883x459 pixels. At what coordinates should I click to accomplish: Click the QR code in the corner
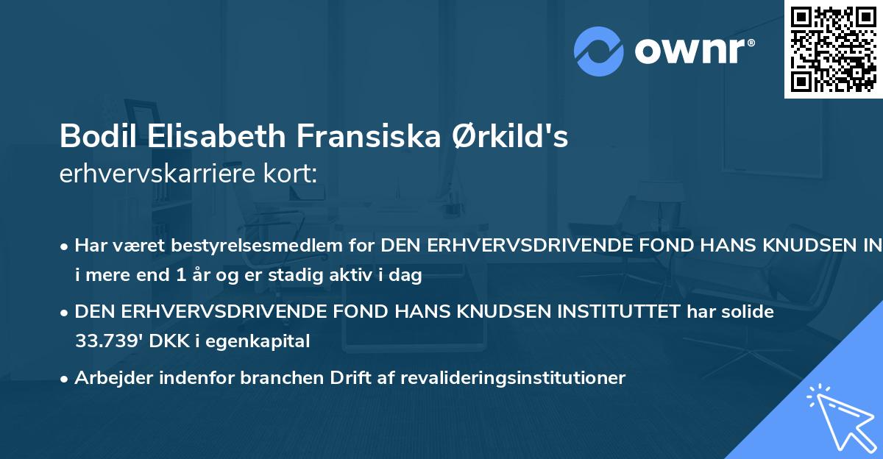pyautogui.click(x=833, y=49)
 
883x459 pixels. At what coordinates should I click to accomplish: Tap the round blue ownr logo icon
pyautogui.click(x=600, y=51)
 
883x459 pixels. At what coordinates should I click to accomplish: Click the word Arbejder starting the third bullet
pyautogui.click(x=109, y=378)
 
